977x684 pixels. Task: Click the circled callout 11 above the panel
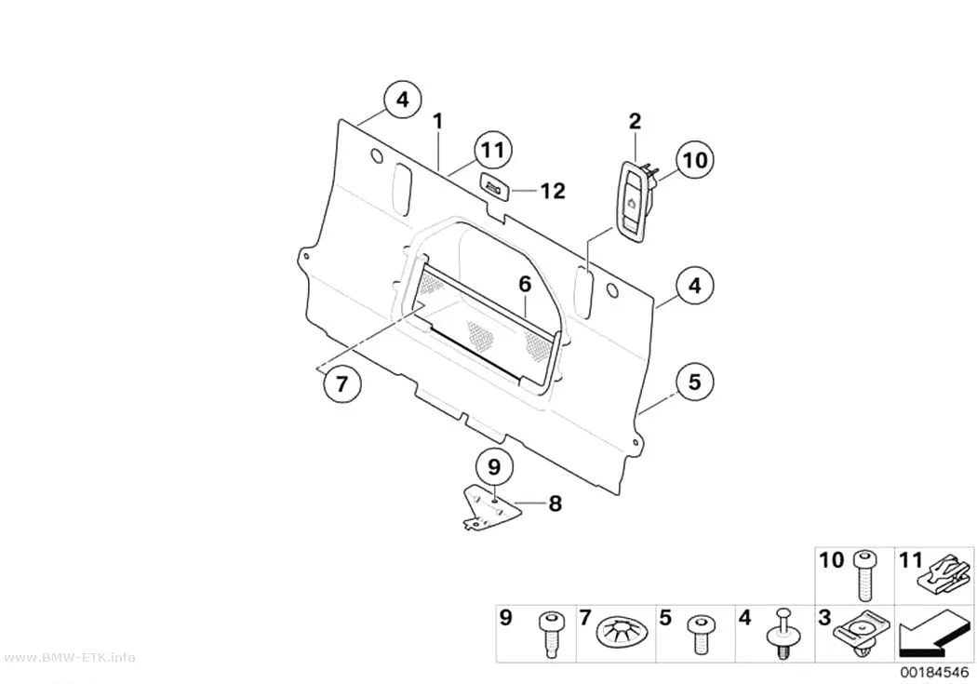coord(492,151)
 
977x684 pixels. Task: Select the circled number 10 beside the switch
coord(695,160)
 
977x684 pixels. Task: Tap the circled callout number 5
coord(694,382)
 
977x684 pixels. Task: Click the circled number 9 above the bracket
coord(494,466)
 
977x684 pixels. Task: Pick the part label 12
coord(552,191)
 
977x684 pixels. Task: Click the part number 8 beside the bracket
coord(555,503)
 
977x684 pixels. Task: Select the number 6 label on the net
coord(526,284)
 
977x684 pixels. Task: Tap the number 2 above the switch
coord(635,121)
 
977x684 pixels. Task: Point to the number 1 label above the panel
coord(438,121)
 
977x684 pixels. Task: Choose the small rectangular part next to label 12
coord(496,187)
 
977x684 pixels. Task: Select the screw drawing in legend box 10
coord(864,576)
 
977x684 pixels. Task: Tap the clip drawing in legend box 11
coord(944,575)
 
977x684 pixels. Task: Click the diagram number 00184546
coord(934,673)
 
